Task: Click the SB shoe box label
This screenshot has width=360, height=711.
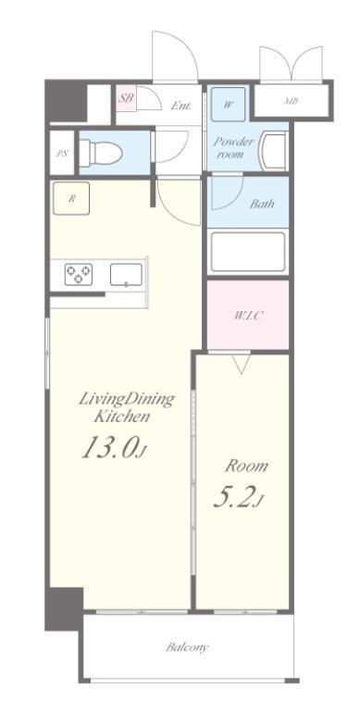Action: tap(127, 98)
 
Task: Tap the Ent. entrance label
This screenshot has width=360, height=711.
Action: tap(180, 106)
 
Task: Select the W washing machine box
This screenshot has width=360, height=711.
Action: tap(228, 105)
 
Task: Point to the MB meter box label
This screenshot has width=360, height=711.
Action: tap(291, 102)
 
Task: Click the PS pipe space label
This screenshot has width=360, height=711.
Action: tap(62, 154)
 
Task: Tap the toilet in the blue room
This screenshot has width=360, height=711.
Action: tap(101, 153)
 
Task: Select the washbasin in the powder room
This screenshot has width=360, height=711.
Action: tap(273, 151)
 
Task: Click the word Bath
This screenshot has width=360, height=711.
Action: tap(262, 204)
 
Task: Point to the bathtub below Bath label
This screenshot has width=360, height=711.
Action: tap(247, 252)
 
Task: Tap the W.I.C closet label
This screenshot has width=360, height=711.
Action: tap(247, 316)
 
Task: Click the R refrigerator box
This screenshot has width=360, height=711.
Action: tap(71, 198)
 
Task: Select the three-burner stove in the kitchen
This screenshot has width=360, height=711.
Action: tap(79, 274)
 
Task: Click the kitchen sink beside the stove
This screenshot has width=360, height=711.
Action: tap(126, 275)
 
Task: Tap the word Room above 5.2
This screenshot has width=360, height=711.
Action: tap(247, 466)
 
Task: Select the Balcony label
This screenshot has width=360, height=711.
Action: tap(187, 646)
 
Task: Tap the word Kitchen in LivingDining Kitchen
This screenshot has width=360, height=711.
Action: tap(121, 417)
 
